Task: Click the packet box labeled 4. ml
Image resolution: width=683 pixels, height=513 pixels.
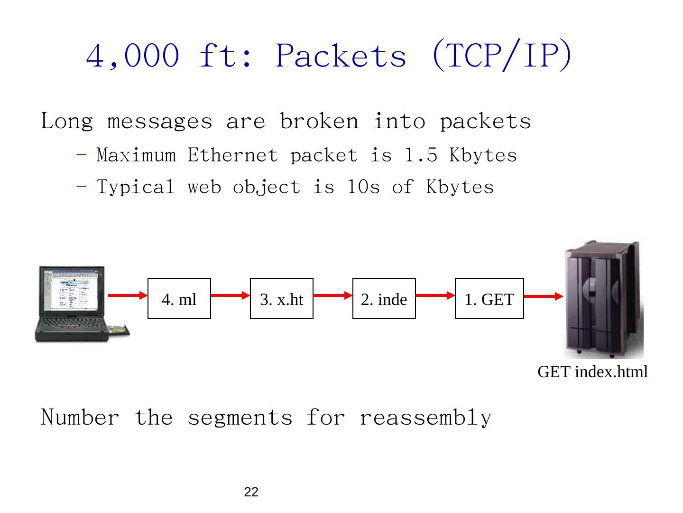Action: [179, 298]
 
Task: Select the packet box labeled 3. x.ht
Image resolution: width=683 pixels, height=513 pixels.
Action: [281, 298]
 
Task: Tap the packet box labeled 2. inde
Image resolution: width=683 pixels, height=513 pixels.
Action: [384, 298]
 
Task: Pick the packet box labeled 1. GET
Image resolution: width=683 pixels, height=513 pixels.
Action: [489, 298]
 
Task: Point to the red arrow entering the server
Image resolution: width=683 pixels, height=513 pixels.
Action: [544, 296]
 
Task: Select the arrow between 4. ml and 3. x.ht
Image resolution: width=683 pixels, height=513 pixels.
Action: [231, 295]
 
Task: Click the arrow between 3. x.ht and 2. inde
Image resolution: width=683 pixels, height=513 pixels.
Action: [333, 295]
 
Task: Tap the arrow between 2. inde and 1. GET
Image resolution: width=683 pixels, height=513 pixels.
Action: [435, 295]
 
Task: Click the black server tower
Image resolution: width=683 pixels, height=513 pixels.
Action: [602, 299]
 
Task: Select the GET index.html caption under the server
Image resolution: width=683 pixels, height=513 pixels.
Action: [592, 372]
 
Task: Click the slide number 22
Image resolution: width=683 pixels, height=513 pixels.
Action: [251, 493]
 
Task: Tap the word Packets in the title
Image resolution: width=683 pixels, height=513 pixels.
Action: [341, 56]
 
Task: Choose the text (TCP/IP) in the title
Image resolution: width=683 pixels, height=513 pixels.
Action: [501, 56]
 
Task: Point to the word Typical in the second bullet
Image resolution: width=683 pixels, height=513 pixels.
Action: [136, 187]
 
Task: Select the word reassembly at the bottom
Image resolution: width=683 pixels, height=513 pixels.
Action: [425, 418]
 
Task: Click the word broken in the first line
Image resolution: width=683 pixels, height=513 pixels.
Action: [319, 121]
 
